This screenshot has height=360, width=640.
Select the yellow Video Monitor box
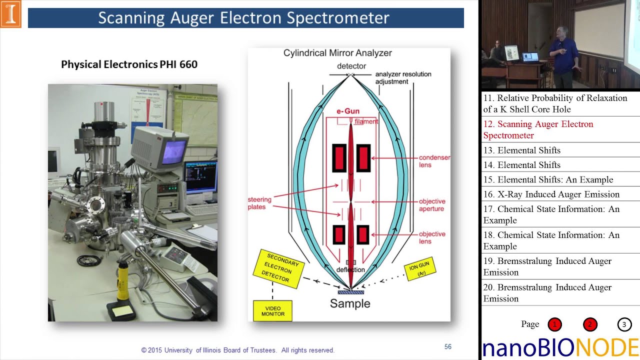click(x=272, y=311)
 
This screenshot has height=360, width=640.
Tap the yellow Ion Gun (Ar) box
click(x=419, y=270)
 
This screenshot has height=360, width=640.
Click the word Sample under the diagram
click(x=350, y=303)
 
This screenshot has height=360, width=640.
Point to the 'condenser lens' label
click(x=434, y=161)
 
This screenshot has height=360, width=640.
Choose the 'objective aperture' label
click(x=431, y=205)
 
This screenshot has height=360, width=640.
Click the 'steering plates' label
click(x=259, y=203)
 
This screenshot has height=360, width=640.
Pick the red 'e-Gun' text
click(x=347, y=111)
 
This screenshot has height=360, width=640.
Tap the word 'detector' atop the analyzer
click(x=351, y=66)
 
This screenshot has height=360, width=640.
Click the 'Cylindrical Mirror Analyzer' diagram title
click(x=337, y=53)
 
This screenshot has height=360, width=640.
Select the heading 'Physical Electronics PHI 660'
click(x=129, y=64)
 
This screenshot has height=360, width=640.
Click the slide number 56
click(x=448, y=346)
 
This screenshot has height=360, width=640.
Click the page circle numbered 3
click(x=624, y=325)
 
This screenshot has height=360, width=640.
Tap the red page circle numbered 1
click(x=554, y=325)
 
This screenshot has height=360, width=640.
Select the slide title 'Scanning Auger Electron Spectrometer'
click(x=243, y=18)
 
